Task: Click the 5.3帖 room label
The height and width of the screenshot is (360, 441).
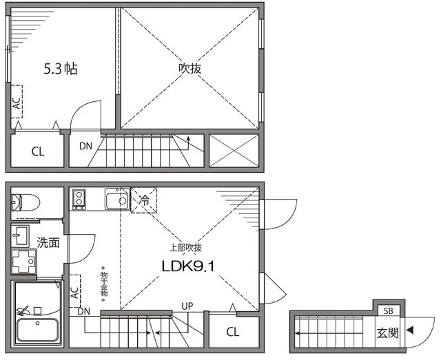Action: [x=61, y=69]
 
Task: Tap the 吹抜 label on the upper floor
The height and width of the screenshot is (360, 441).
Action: [x=190, y=68]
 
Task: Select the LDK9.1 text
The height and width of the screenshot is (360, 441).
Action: [x=188, y=266]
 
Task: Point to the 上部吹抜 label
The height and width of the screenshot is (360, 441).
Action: [x=185, y=248]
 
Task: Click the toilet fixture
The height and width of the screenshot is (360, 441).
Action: [x=25, y=202]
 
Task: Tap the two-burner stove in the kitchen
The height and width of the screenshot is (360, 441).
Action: [x=79, y=200]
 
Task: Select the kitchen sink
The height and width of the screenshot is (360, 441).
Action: [x=117, y=199]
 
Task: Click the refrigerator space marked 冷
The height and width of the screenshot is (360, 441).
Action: [x=144, y=200]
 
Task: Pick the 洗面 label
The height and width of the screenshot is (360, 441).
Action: [x=48, y=242]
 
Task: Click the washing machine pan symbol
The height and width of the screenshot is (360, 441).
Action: [x=24, y=262]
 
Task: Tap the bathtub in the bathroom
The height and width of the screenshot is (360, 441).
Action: [x=37, y=329]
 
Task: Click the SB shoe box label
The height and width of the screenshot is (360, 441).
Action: [x=389, y=311]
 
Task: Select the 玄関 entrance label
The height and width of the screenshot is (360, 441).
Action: [x=387, y=333]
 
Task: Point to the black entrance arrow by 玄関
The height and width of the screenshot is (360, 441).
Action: [x=411, y=330]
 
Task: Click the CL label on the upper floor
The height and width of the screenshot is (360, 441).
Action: [x=38, y=151]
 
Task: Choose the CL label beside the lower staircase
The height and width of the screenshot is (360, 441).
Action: [x=233, y=332]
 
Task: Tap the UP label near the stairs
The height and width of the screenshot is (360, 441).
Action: [x=187, y=306]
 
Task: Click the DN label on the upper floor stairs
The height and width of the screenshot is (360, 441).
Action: [x=85, y=146]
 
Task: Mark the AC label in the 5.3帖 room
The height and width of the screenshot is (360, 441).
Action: [x=17, y=103]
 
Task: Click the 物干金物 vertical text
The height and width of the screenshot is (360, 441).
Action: [x=103, y=284]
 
